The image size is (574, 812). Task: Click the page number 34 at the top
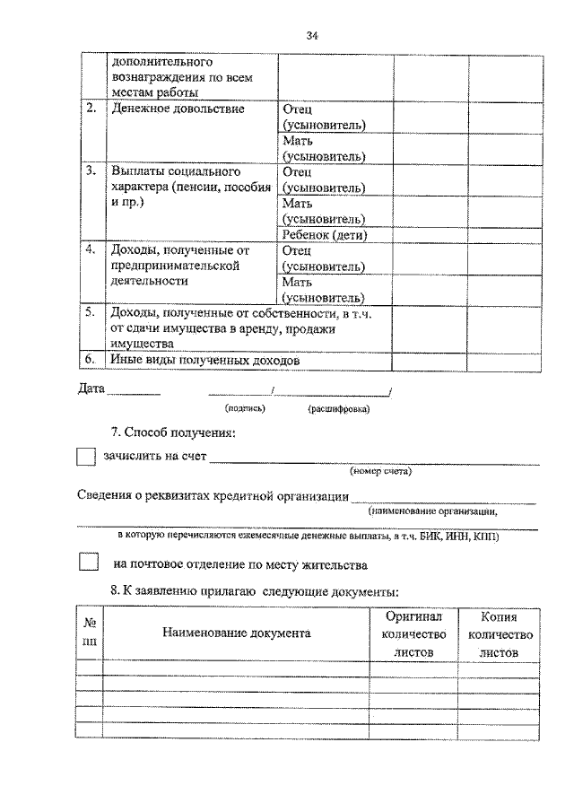click(312, 36)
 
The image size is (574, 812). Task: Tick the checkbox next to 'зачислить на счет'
click(85, 457)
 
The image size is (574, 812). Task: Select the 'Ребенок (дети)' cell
click(326, 235)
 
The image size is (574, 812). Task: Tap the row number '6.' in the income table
click(91, 360)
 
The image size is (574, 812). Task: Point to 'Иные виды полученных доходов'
click(204, 361)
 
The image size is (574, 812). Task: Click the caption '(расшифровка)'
click(339, 408)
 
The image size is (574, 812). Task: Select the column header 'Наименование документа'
click(237, 633)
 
